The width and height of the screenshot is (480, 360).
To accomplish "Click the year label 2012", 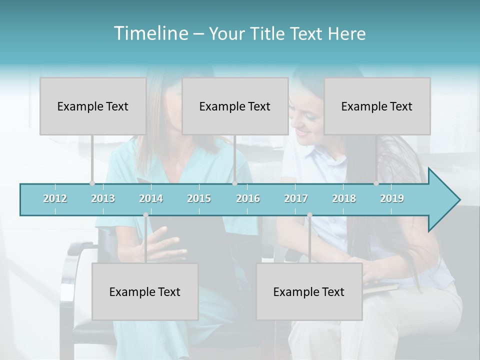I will pos(55,198).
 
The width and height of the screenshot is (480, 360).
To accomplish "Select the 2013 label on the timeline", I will pos(103,198).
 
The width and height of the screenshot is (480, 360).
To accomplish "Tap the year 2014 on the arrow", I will pos(151,198).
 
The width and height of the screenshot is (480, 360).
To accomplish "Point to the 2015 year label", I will pos(199,198).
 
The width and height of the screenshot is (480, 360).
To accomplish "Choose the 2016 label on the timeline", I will pos(248,198).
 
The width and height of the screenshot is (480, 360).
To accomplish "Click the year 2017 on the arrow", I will pos(296,198).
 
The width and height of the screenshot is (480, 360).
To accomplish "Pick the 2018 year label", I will pos(344,198).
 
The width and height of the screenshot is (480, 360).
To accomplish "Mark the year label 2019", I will pos(392,198).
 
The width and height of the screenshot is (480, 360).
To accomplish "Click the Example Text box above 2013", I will pos(93,106).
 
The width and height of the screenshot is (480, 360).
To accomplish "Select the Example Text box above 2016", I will pos(235,106).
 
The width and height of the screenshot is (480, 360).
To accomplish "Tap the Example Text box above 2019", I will pos(377,106).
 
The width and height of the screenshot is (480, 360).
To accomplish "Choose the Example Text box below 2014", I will pos(145,291).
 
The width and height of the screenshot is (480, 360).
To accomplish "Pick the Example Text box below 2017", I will pos(309,291).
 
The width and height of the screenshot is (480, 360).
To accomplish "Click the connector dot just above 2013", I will pos(92,183).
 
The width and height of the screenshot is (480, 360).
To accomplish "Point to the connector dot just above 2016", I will pos(234,183).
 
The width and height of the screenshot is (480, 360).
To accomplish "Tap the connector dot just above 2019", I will pos(376,183).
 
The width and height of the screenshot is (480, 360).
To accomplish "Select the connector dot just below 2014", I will pos(145,215).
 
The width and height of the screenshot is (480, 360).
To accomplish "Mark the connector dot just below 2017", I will pos(309,215).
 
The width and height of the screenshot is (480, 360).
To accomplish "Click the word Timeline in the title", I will pos(150,33).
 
